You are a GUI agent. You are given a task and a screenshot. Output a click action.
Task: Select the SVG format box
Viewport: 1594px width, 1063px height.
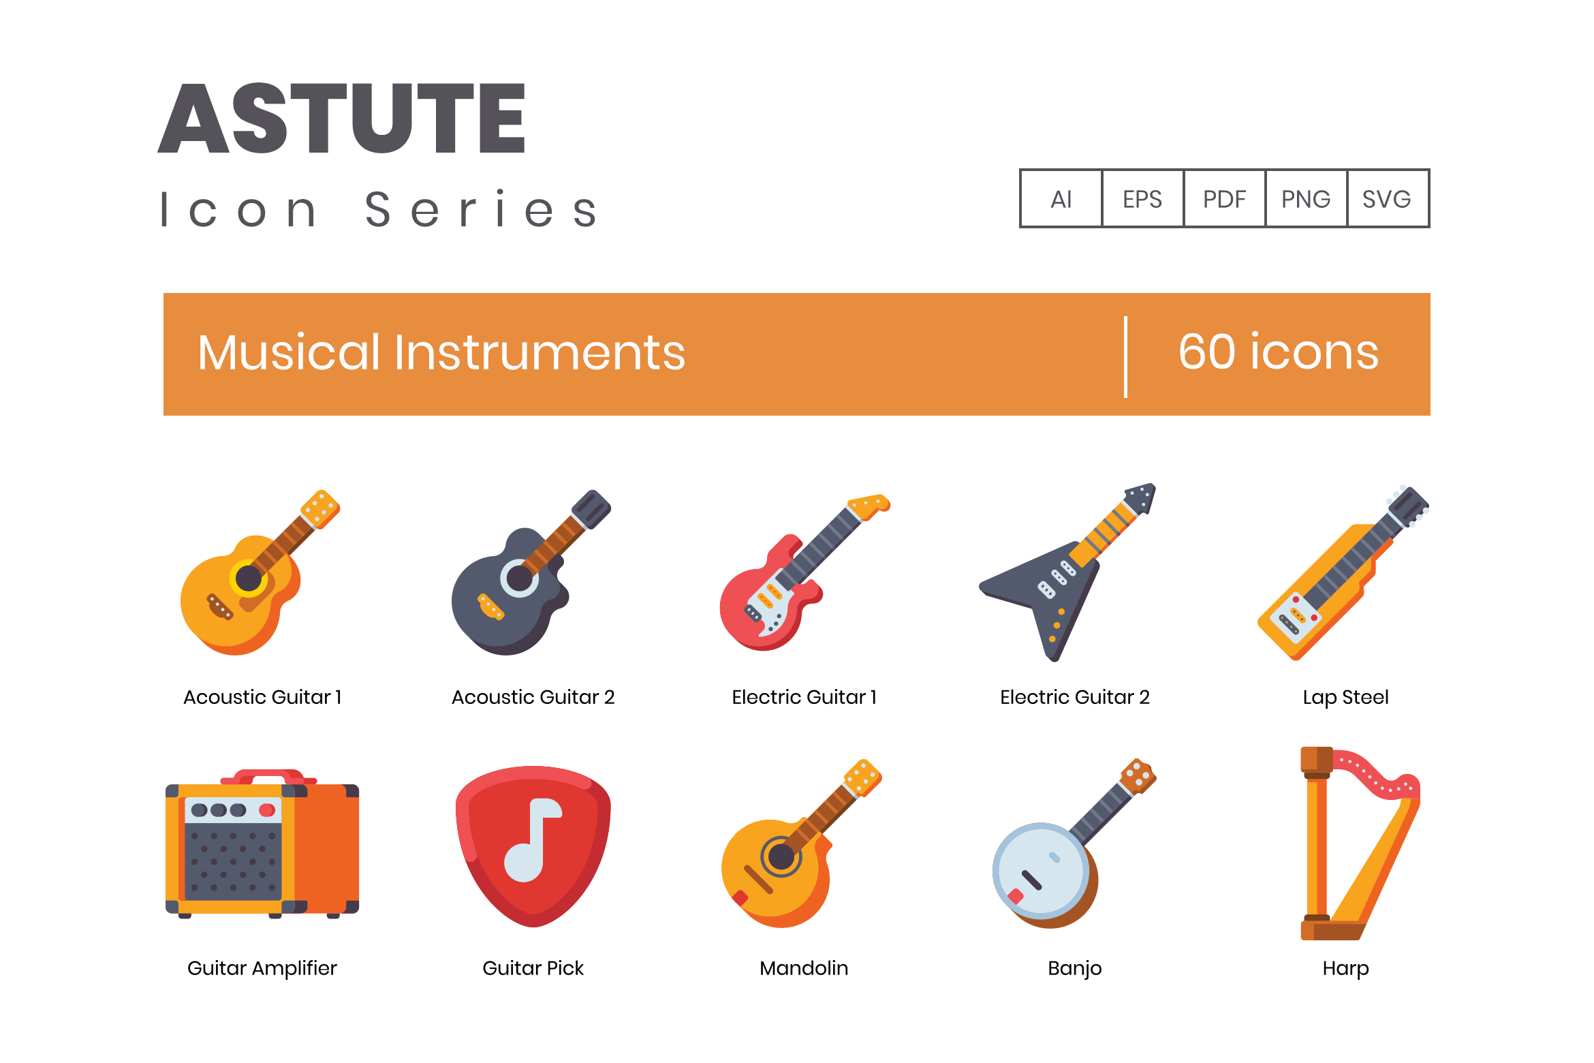(x=1388, y=198)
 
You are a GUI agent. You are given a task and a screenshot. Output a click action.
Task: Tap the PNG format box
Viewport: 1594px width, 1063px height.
(x=1306, y=198)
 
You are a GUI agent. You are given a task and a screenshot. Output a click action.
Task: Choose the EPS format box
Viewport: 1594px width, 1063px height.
(x=1142, y=198)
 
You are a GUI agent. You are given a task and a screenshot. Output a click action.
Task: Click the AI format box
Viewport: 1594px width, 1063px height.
(x=1061, y=198)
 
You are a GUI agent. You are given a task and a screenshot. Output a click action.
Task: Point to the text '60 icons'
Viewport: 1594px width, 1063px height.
(x=1279, y=352)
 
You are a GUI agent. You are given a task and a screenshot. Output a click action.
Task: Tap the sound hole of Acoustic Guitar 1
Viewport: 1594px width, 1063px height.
(x=249, y=579)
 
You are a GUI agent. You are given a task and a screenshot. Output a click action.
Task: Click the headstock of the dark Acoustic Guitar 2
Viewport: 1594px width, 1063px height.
(x=591, y=508)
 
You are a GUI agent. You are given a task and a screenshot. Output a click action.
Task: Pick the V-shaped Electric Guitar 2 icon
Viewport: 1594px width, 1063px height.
(x=1067, y=572)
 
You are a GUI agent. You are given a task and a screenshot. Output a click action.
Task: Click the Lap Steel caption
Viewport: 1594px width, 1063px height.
(x=1345, y=697)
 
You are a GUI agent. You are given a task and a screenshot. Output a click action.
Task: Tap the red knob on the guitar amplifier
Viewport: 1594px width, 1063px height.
(x=267, y=810)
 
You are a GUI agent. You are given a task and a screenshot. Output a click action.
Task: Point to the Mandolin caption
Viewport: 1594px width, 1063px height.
(x=804, y=968)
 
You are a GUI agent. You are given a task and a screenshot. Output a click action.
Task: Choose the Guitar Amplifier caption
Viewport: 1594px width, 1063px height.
(x=262, y=968)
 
